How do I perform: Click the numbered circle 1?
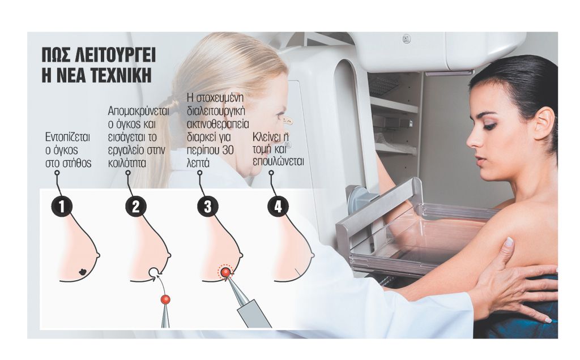tap(62, 207)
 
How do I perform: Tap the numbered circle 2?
tap(136, 207)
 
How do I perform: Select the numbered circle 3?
tap(207, 207)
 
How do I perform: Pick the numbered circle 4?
tap(278, 206)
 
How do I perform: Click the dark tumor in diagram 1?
tap(84, 272)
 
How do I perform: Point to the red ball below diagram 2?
tap(165, 299)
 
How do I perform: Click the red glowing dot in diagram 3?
tap(225, 273)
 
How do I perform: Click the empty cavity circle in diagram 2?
tap(154, 272)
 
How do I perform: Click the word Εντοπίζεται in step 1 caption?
tap(68, 137)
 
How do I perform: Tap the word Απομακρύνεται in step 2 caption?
tap(138, 111)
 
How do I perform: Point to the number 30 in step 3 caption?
tap(228, 150)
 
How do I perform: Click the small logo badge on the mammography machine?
tap(406, 38)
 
